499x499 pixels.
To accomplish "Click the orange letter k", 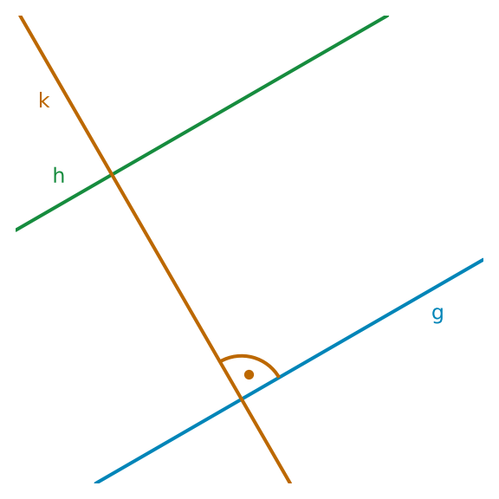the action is coord(44,100).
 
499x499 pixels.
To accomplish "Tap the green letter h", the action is coord(59,175).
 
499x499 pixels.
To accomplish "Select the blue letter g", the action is coord(437,314).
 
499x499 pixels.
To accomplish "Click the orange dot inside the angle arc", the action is coord(249,374).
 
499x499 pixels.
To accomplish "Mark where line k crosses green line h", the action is coord(112,174).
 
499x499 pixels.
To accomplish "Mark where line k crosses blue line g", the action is coord(242,399).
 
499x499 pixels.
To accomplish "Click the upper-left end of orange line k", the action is coord(20,16).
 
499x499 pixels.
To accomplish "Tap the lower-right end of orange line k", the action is coord(290,483).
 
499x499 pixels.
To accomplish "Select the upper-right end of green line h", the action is coord(387,16).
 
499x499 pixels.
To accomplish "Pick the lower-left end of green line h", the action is coord(16,230).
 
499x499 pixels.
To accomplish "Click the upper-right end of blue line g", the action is coord(483,260).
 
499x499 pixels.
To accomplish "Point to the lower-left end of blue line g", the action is coord(95,483).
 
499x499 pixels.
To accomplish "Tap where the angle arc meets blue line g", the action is coord(279,377).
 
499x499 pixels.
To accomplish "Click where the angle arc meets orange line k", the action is coord(220,361).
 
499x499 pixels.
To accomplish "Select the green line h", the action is coord(202,123).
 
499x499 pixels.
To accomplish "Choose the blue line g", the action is coord(288,371).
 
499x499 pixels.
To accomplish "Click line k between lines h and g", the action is coord(177,286).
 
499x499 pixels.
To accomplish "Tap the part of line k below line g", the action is coord(266,441).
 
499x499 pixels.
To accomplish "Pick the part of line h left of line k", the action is coord(63,202).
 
